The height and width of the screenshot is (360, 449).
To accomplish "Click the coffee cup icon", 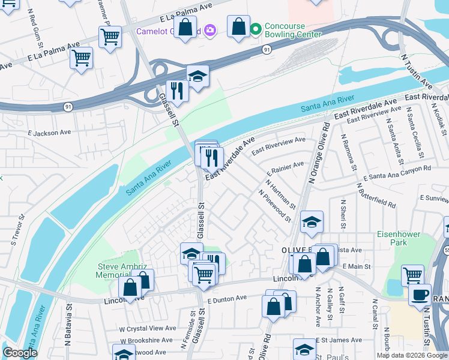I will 420,295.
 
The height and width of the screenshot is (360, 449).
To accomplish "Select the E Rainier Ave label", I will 286,167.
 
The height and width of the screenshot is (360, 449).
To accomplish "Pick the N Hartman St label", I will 280,194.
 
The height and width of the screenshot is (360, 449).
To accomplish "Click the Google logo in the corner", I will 20,353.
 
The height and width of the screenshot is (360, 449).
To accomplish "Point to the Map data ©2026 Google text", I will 411,355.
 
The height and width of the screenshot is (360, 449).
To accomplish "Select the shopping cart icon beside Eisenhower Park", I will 412,275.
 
